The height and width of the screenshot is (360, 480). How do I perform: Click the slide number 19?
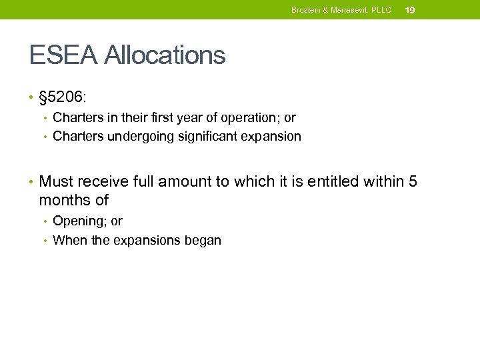coord(410,10)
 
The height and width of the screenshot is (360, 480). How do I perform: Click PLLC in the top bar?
coord(382,10)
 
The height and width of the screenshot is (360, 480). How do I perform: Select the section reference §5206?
coord(62,97)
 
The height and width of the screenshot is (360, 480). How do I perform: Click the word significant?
coord(209,137)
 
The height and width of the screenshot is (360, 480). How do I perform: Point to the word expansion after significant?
coord(273,137)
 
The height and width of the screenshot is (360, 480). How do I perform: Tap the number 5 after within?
coord(412,181)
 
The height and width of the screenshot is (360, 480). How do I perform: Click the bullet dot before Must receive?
coord(31,181)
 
